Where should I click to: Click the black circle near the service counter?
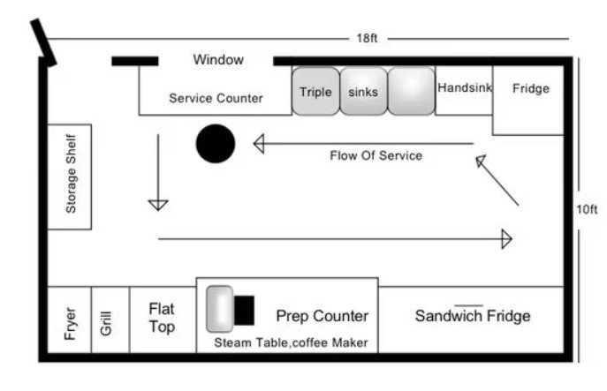(215, 144)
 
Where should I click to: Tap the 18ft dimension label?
(367, 39)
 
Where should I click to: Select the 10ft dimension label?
(587, 209)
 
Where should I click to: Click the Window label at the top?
(218, 60)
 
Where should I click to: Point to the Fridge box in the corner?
(529, 97)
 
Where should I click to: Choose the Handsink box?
(464, 89)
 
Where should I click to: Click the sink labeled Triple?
(315, 92)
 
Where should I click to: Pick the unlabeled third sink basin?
(411, 92)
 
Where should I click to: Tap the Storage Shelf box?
(70, 177)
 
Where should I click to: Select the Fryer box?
(69, 320)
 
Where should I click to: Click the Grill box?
(110, 320)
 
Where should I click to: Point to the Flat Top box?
(163, 319)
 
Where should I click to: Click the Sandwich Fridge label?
(472, 316)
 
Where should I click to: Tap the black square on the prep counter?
(245, 310)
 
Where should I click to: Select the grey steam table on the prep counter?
(220, 309)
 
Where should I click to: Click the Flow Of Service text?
(376, 156)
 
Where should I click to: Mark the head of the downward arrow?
(158, 205)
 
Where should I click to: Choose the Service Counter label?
(216, 98)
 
